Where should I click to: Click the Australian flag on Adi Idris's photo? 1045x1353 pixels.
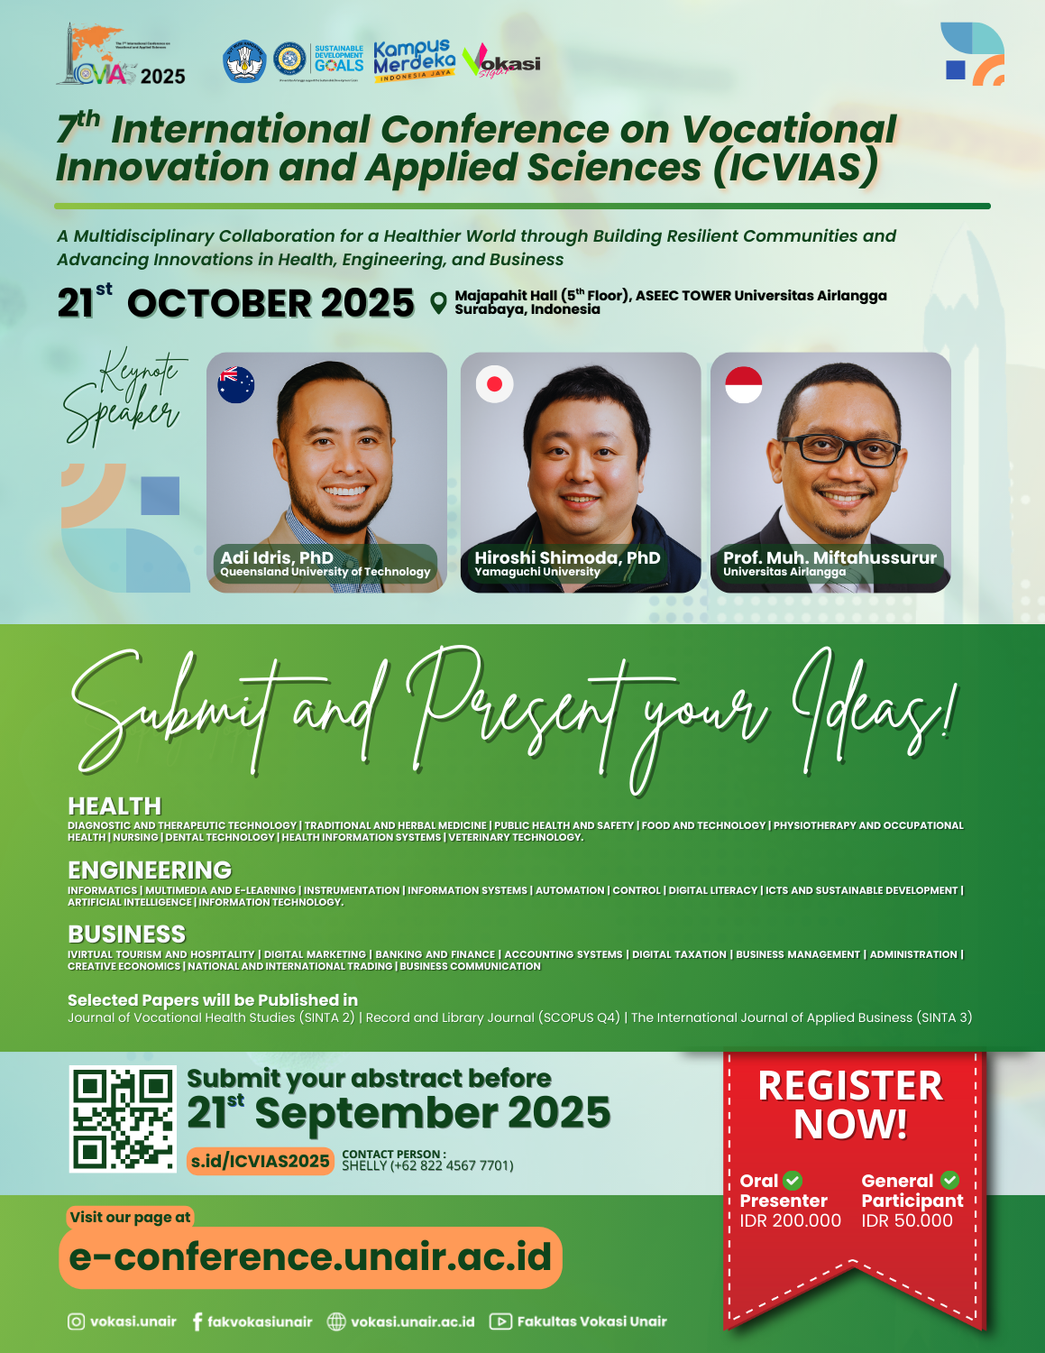236,384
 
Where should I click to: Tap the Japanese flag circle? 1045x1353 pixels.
494,384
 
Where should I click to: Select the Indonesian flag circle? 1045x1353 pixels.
744,384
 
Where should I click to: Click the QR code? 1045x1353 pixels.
123,1118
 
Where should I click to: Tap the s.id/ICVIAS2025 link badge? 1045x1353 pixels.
260,1161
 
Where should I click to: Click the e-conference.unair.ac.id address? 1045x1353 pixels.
310,1256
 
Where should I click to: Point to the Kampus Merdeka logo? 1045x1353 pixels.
414,60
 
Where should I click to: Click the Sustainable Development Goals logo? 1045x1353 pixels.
338,60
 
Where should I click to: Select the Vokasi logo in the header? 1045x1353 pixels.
501,62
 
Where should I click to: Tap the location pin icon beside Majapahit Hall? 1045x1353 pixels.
438,303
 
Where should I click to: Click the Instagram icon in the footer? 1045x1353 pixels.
77,1321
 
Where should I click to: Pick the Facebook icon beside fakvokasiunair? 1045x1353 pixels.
197,1321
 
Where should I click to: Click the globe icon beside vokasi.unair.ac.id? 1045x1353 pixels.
336,1321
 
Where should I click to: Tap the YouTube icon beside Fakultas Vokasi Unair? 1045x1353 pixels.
500,1321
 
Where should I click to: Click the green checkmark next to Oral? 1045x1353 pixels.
793,1180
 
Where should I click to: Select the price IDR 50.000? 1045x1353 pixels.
907,1220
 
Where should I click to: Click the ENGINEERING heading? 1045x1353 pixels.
150,870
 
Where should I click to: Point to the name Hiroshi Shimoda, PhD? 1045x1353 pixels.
567,557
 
